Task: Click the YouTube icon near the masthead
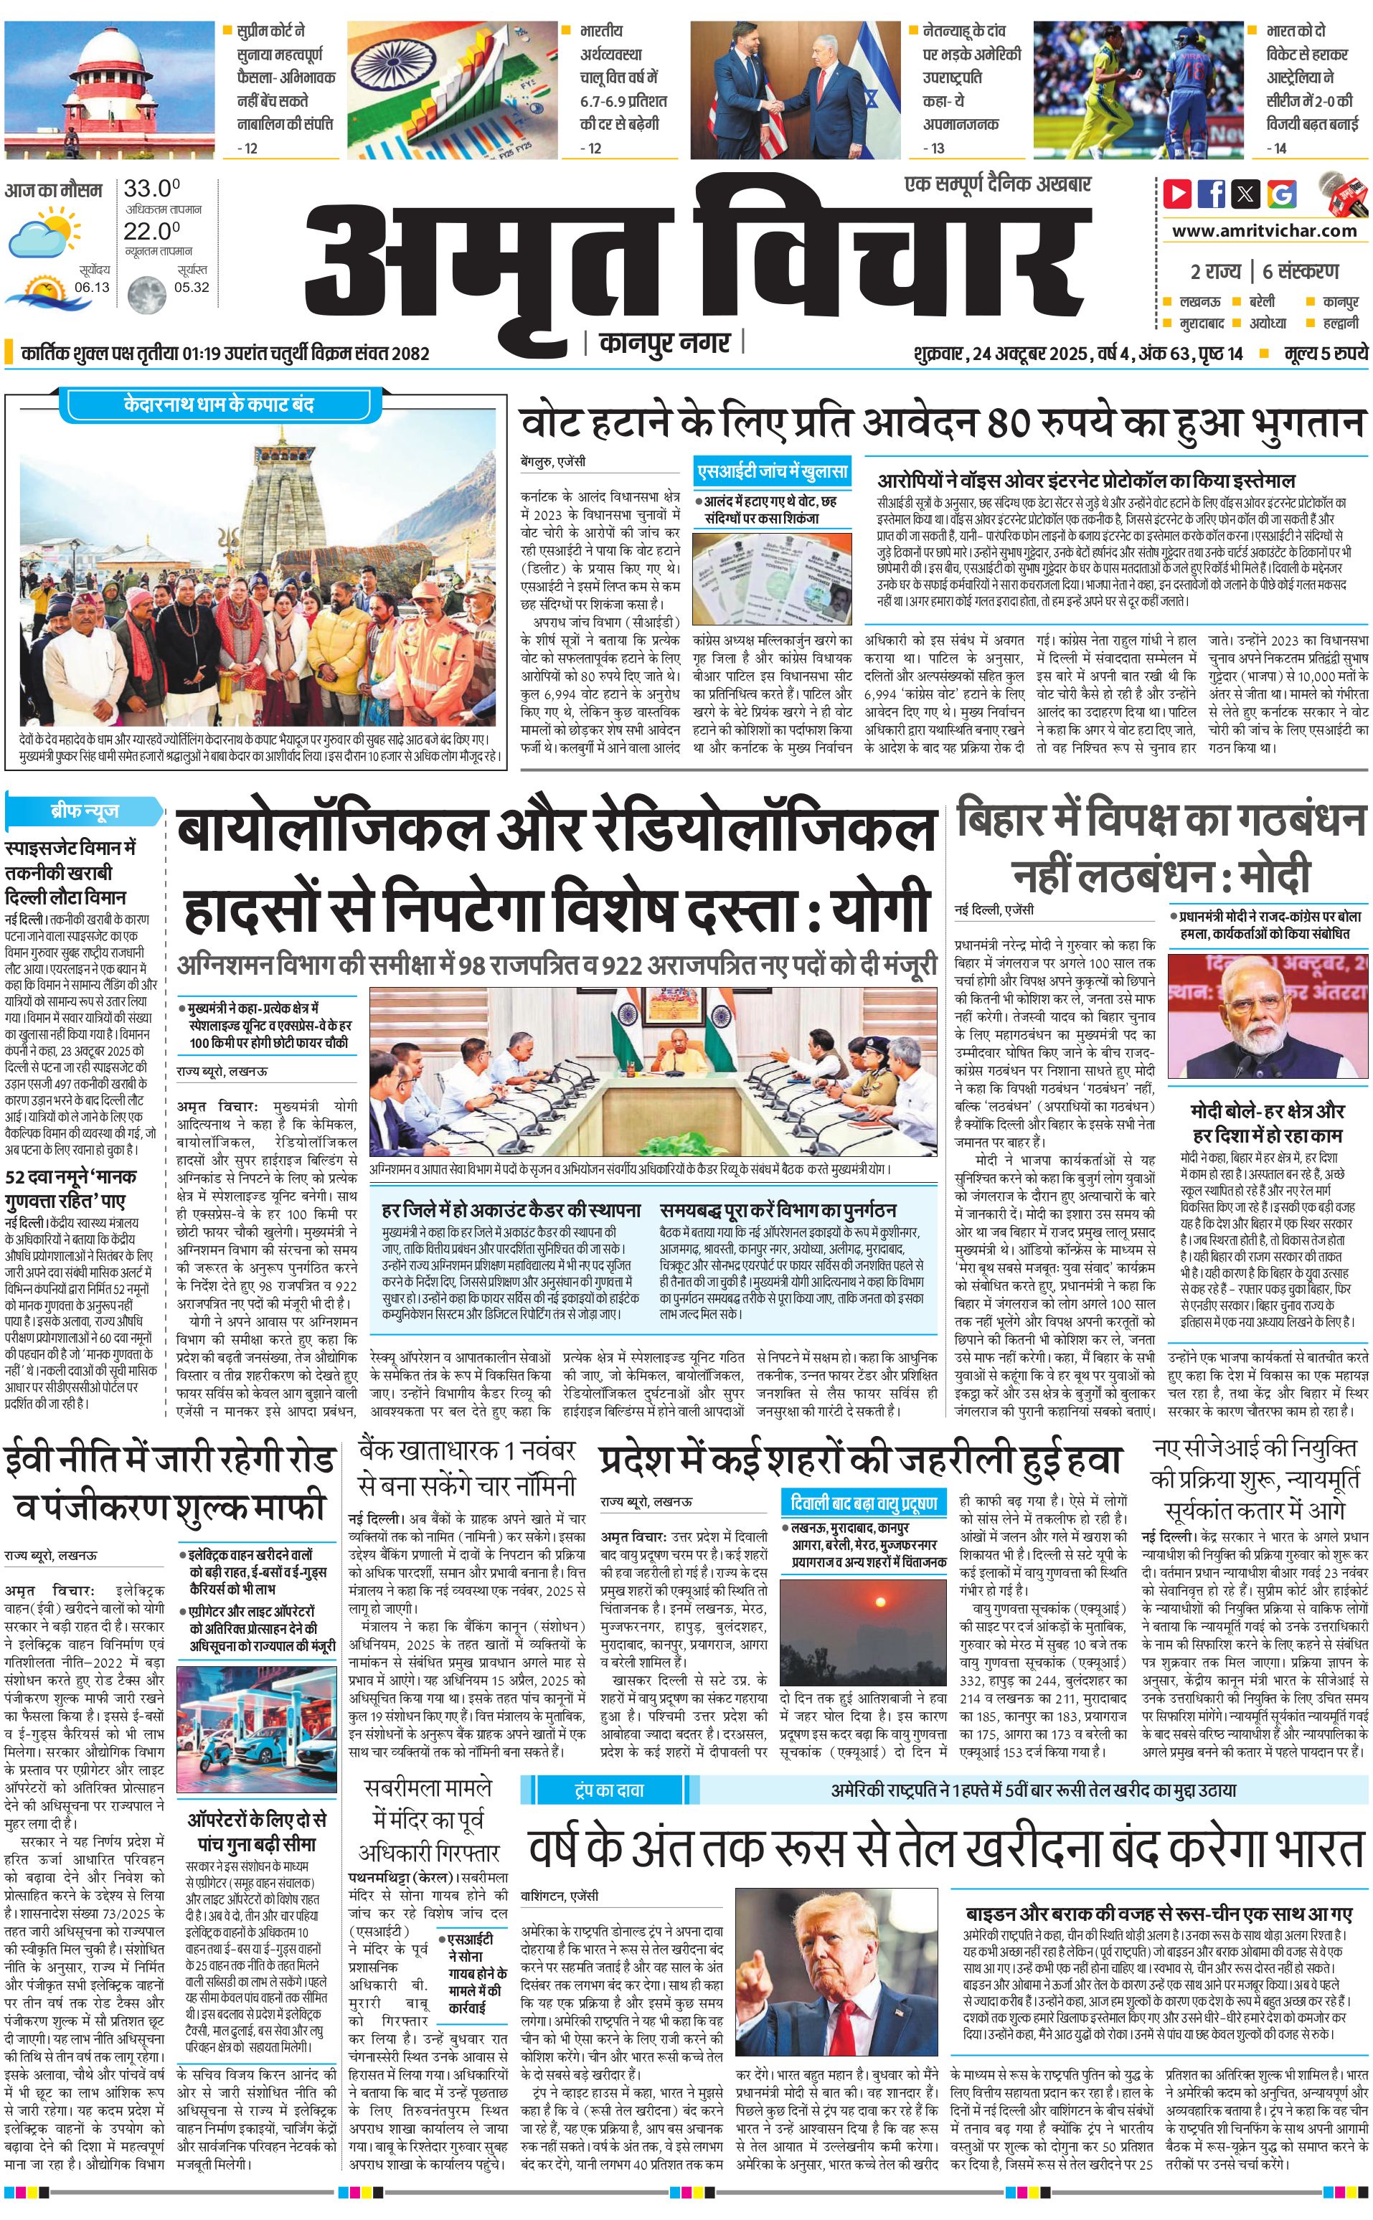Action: pos(1178,194)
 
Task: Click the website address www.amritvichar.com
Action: pos(1264,231)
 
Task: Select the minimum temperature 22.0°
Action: pos(151,231)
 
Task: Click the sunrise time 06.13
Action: pos(92,287)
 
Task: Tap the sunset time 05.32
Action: pos(192,287)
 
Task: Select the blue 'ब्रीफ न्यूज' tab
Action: pos(83,810)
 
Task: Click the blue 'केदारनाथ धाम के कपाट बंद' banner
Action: pos(218,405)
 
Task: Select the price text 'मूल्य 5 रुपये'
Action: pos(1325,353)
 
